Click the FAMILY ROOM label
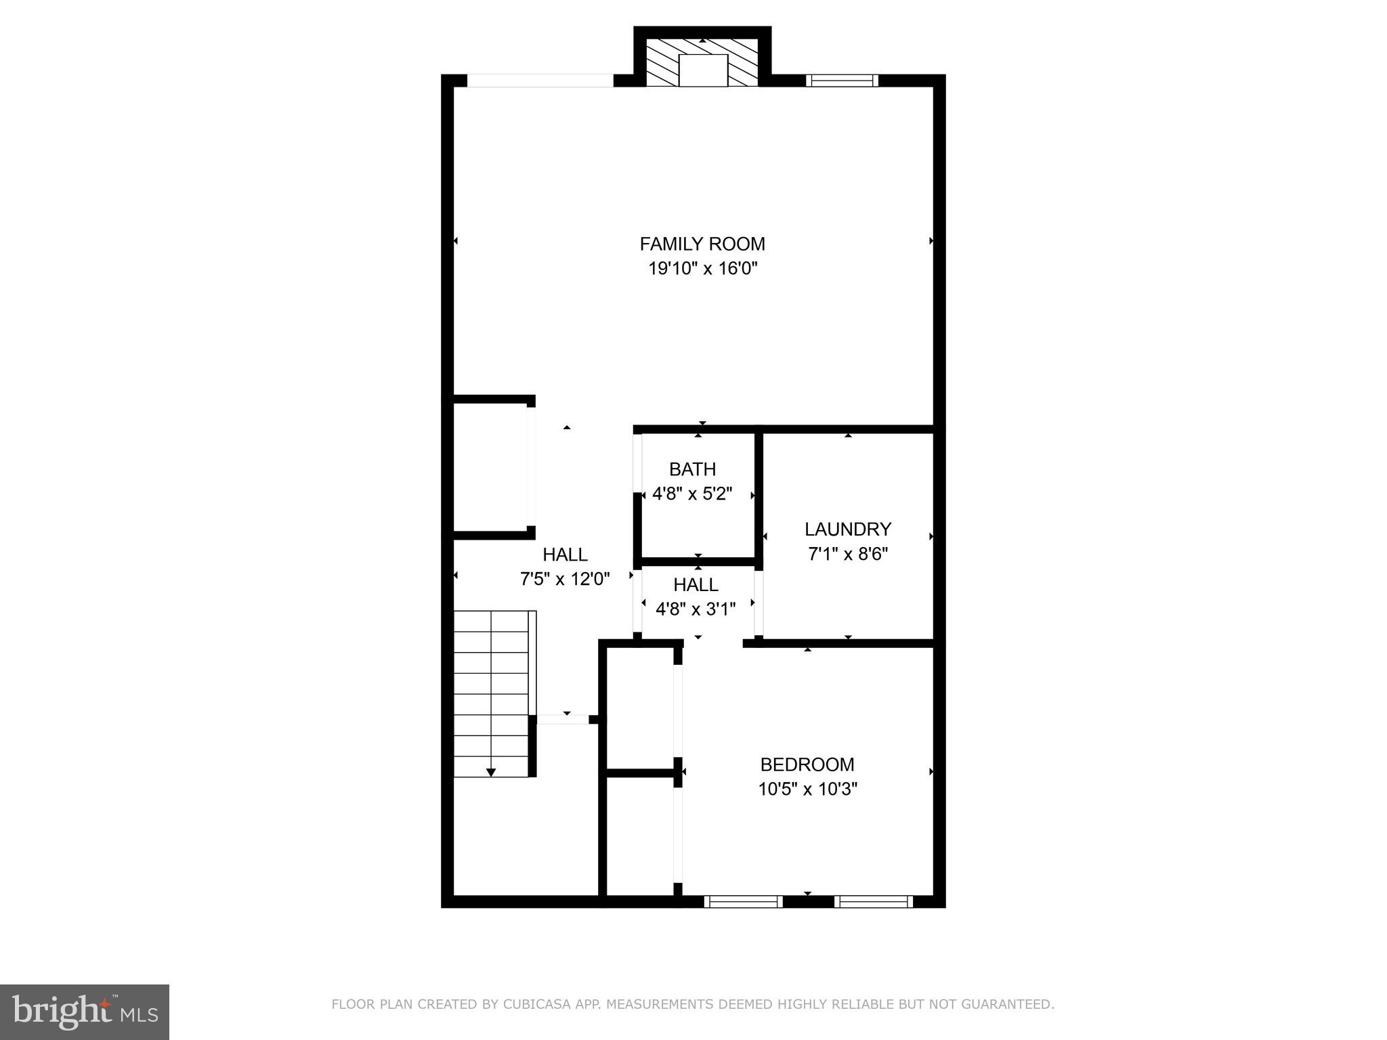pyautogui.click(x=702, y=244)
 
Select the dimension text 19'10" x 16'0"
pyautogui.click(x=702, y=269)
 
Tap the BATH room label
pyautogui.click(x=692, y=469)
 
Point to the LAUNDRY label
pyautogui.click(x=847, y=529)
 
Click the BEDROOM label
pyautogui.click(x=807, y=764)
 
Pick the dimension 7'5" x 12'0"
pyautogui.click(x=565, y=579)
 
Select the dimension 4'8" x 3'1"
pyautogui.click(x=696, y=609)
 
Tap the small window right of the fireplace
pyautogui.click(x=842, y=81)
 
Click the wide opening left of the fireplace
pyautogui.click(x=540, y=81)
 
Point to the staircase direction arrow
pyautogui.click(x=491, y=772)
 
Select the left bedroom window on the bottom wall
pyautogui.click(x=743, y=901)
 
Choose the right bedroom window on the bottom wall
pyautogui.click(x=874, y=901)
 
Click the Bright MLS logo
pyautogui.click(x=85, y=1011)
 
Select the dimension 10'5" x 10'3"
pyautogui.click(x=807, y=789)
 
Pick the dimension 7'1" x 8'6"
pyautogui.click(x=847, y=554)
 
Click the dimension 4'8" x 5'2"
pyautogui.click(x=692, y=494)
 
